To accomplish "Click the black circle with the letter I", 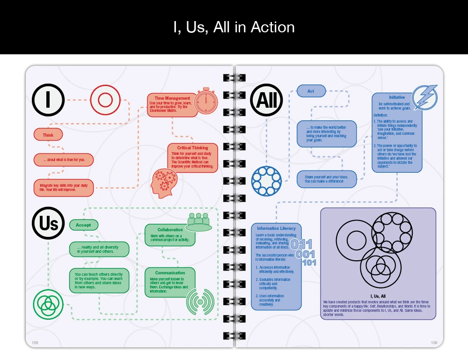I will click(48, 100).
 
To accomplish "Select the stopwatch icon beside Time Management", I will click(206, 101).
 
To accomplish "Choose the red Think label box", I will click(48, 135).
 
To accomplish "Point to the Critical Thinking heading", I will click(193, 148).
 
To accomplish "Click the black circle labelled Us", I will click(48, 223).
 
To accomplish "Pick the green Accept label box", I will click(83, 225).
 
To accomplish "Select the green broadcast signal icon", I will click(200, 301).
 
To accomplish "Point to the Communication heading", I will click(170, 272).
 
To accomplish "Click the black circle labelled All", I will click(266, 100).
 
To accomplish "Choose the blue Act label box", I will click(311, 91).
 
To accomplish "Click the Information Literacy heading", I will click(276, 228).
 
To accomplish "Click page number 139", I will click(434, 343).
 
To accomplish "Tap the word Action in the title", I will click(273, 27).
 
